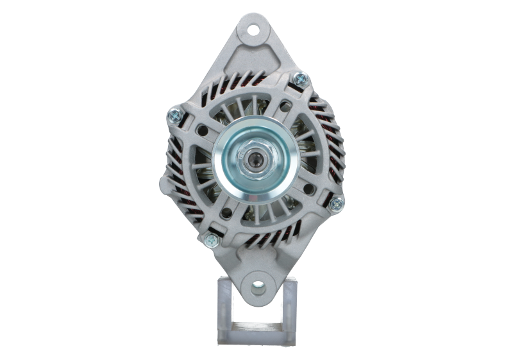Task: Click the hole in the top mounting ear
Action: (256, 29)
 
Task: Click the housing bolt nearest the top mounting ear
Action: (299, 80)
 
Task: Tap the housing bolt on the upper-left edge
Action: (172, 116)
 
